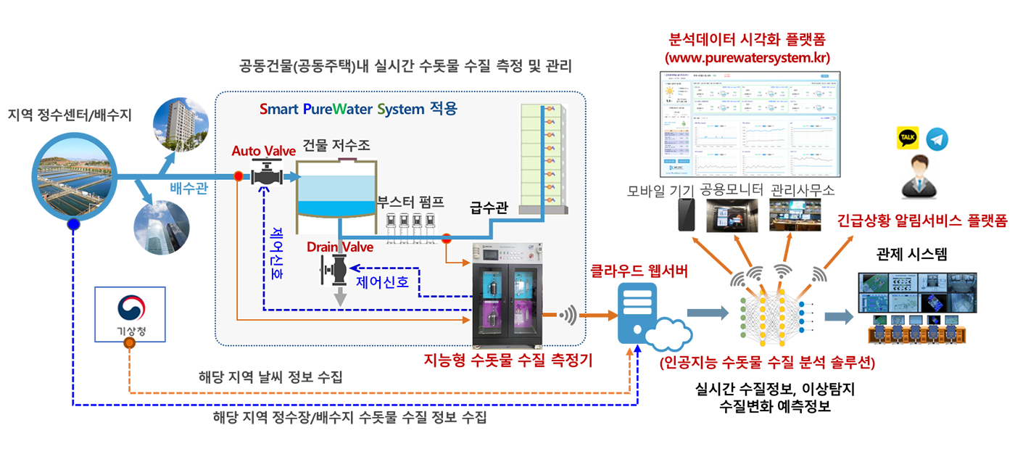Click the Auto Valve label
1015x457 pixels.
[x=264, y=152]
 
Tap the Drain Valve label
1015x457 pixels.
[x=340, y=247]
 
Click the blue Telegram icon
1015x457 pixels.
[x=937, y=139]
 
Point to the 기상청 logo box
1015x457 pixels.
[x=130, y=314]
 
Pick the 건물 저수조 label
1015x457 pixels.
[x=336, y=146]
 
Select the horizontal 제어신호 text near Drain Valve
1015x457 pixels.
[x=383, y=281]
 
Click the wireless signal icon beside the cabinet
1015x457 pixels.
[x=570, y=316]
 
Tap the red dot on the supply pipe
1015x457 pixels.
[x=447, y=236]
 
